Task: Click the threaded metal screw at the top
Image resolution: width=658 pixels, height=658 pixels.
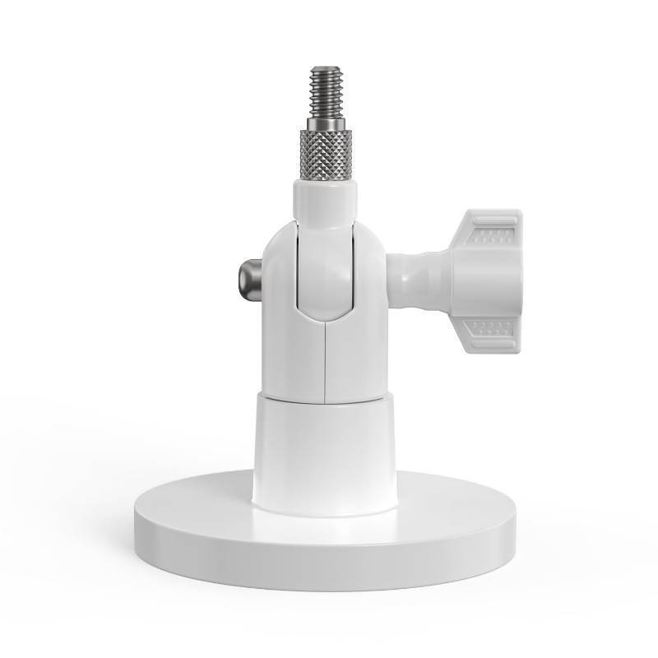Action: coord(327,92)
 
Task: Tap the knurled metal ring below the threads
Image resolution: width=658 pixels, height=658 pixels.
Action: coord(326,156)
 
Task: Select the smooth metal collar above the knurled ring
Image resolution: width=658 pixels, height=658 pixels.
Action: coord(326,124)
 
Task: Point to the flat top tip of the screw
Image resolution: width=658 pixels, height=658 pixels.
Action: coord(327,69)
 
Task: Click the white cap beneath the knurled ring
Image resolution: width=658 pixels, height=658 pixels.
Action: coord(326,200)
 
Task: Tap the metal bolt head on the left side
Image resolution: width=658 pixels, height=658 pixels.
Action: coord(249,279)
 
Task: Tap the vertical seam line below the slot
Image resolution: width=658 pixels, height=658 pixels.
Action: coord(327,362)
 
